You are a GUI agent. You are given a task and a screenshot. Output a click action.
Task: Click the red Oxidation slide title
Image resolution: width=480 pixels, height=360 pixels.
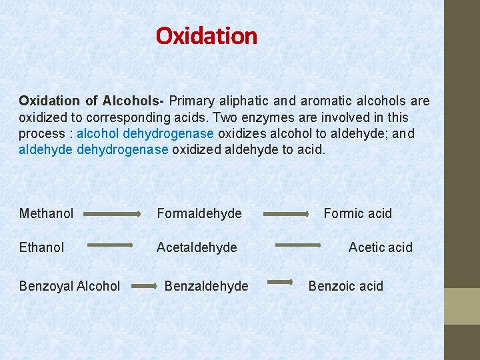click(206, 35)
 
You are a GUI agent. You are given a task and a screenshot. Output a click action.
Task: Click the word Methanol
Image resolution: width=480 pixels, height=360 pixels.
click(46, 213)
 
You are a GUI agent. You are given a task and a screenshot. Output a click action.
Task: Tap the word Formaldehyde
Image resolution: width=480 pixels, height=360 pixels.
click(199, 213)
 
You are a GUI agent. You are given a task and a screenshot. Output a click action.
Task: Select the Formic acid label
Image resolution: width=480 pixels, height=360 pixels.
click(357, 213)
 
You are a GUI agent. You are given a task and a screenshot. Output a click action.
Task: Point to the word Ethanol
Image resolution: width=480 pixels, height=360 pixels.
click(41, 247)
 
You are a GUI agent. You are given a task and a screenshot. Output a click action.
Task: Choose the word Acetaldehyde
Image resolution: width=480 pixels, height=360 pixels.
click(197, 247)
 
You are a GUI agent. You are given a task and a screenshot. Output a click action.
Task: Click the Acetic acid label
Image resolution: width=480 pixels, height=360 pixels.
click(380, 247)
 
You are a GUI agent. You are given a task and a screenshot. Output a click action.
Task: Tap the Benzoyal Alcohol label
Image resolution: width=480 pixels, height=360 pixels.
click(69, 286)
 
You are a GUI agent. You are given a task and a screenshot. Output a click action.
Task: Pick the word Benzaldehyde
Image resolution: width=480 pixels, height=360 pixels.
click(206, 286)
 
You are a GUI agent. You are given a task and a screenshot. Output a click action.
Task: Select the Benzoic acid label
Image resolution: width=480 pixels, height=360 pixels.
click(345, 286)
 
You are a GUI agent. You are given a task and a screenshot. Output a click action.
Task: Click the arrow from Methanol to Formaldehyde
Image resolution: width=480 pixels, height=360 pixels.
click(111, 214)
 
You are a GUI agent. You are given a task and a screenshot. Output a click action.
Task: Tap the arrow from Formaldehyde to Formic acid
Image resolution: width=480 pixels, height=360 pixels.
click(285, 215)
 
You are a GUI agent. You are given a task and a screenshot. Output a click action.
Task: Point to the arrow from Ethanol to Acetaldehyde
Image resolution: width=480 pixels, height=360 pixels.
click(110, 245)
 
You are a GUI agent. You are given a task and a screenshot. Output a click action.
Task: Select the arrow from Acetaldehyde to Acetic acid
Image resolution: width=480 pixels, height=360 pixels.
click(298, 245)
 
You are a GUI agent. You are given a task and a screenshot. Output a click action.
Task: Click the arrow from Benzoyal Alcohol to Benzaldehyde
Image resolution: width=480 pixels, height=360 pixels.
click(144, 286)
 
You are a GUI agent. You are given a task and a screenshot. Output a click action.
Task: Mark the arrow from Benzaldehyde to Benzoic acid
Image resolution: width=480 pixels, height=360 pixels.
click(280, 283)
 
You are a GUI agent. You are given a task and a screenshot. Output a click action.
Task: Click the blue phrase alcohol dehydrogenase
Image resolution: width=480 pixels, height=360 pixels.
click(145, 133)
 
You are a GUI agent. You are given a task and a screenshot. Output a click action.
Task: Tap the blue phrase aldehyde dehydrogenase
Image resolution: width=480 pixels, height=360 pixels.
click(93, 149)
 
